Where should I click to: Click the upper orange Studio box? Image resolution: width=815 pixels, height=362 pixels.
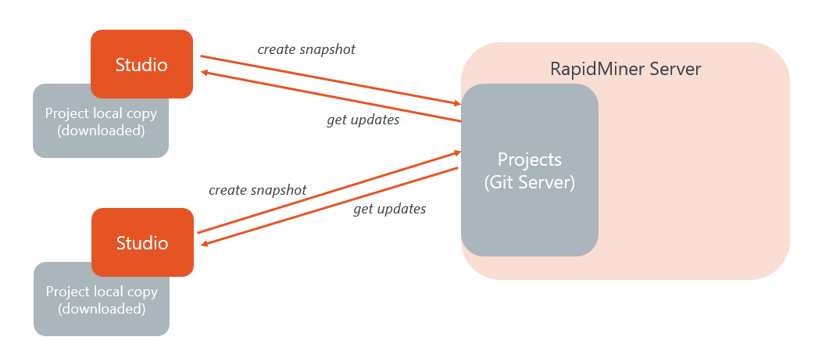[141, 64]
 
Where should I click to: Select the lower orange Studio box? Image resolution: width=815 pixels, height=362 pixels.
[142, 242]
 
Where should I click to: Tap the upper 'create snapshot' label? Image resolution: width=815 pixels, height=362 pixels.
[306, 49]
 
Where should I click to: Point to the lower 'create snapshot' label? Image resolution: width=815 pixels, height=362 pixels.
[257, 190]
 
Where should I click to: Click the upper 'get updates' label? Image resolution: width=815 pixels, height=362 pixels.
[363, 120]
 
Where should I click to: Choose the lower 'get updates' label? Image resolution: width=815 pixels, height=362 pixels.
[389, 209]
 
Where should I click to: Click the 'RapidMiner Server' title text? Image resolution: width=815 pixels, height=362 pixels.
[625, 69]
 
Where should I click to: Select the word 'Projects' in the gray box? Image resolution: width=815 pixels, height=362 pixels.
[530, 159]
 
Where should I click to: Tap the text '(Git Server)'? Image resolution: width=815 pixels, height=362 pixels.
[530, 182]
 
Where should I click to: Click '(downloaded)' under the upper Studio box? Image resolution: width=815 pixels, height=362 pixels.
[101, 131]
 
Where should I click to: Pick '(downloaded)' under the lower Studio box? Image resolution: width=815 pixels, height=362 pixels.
[102, 309]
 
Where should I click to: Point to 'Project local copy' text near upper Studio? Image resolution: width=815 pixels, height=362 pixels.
[101, 113]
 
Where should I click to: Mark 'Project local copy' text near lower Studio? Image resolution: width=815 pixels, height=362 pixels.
[102, 292]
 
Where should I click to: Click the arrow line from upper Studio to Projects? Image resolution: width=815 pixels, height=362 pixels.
[328, 79]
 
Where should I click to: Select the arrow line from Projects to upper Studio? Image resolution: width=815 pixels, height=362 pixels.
[328, 96]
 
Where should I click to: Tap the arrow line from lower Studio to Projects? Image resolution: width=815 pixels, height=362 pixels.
[328, 192]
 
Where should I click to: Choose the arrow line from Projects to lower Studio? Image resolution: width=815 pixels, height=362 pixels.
[328, 207]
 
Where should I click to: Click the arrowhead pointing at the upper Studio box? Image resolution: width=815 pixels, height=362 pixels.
[205, 73]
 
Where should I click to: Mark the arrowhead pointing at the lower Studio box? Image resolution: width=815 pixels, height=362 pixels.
[206, 245]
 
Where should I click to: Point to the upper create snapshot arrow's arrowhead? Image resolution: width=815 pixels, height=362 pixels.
[456, 103]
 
